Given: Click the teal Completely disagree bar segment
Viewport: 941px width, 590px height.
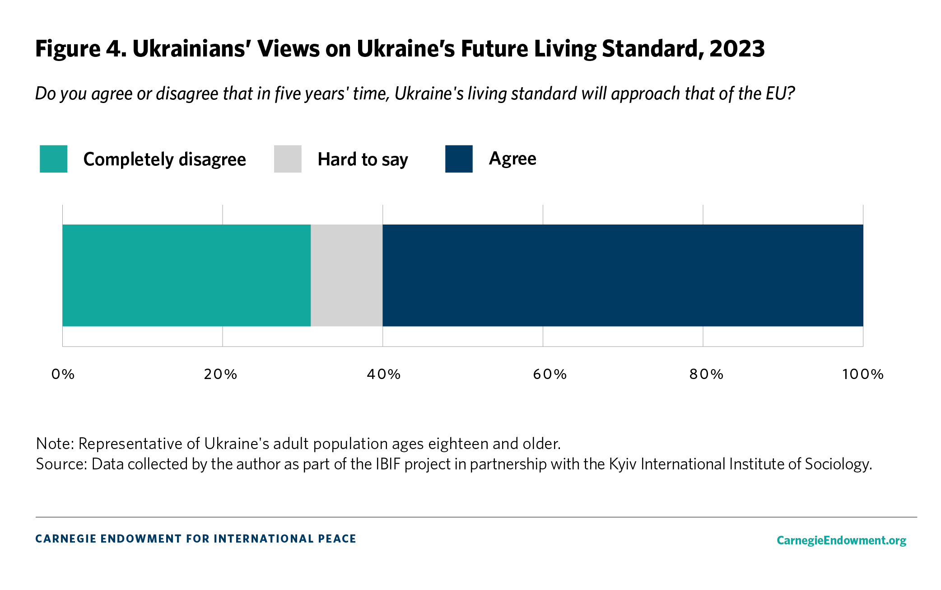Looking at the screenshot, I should coord(186,275).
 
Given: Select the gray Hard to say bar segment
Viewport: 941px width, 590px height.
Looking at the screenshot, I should coord(346,275).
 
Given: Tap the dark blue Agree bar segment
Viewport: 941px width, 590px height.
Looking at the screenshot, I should coord(623,275).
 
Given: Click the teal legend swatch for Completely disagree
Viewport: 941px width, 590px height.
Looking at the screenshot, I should coord(53,159).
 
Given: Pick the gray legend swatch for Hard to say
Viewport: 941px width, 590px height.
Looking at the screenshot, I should coord(288,159).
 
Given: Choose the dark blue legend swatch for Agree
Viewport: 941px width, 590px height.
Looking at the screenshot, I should coord(459,159).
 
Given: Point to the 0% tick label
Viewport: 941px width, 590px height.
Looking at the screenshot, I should coord(63,374).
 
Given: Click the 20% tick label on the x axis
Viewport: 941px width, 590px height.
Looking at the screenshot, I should coord(221,374).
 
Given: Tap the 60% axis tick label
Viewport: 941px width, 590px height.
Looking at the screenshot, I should coord(550,374).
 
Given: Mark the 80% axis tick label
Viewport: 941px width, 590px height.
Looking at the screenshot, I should coord(707,374).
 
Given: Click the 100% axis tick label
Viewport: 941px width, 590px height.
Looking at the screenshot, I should coord(863,374).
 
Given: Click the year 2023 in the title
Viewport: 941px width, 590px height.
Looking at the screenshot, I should coord(737,49).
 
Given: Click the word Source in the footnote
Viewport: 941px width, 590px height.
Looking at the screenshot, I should coord(61,464).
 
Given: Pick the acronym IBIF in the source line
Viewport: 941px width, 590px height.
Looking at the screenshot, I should coord(388,464).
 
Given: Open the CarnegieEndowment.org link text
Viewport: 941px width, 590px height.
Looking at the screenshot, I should coord(841,540).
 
